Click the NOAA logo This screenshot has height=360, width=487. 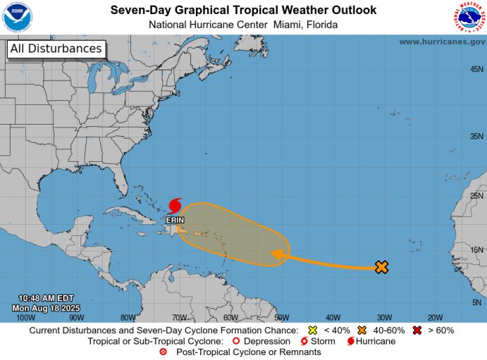pyautogui.click(x=17, y=17)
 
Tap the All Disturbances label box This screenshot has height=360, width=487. pyautogui.click(x=56, y=49)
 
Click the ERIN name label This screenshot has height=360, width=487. pyautogui.click(x=175, y=219)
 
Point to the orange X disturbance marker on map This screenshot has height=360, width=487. pyautogui.click(x=381, y=267)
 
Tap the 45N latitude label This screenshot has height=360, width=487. pyautogui.click(x=477, y=69)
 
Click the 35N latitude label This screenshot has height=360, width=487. pyautogui.click(x=477, y=136)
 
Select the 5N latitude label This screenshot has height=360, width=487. pyautogui.click(x=477, y=303)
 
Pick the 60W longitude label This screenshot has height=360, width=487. pyautogui.click(x=231, y=317)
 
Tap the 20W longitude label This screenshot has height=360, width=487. pyautogui.click(x=435, y=317)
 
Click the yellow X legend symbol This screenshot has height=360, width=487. pyautogui.click(x=313, y=330)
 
